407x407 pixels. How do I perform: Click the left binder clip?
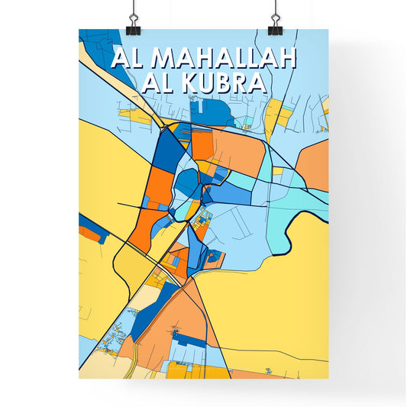point(132,18)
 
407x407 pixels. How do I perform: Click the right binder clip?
point(274,18)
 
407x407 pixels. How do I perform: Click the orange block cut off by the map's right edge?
point(315,164)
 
